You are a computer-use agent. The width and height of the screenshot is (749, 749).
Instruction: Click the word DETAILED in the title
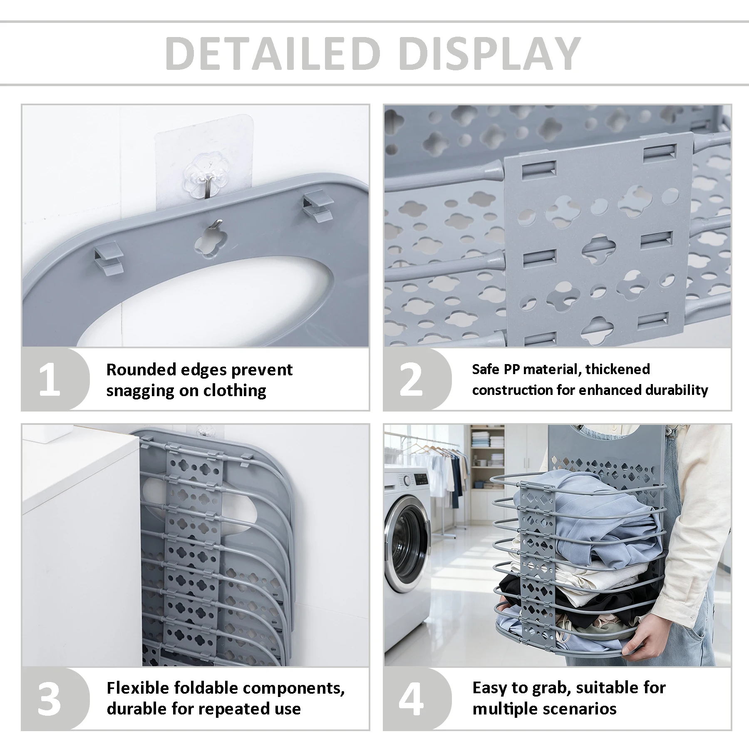[x=273, y=53]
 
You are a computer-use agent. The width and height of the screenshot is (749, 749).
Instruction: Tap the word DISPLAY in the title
[x=490, y=53]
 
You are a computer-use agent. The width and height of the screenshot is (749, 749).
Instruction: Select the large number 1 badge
[x=50, y=380]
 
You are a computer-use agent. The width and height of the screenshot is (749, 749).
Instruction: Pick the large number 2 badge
[x=411, y=380]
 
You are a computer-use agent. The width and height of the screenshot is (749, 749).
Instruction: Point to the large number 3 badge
[x=49, y=699]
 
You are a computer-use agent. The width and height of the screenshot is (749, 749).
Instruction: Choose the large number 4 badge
[x=411, y=699]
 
